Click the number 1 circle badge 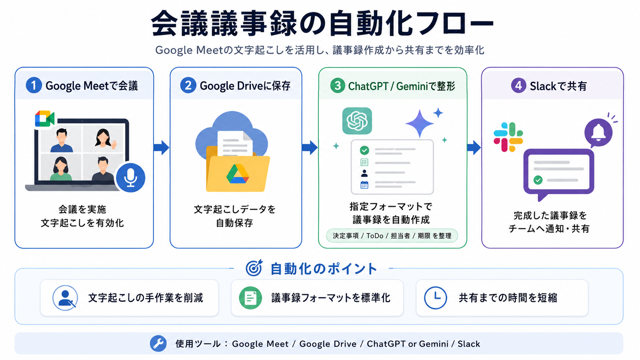[34, 85]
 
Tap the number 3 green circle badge [338, 85]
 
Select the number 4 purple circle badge [518, 85]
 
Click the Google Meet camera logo [44, 119]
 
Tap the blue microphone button [131, 178]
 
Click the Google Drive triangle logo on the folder [237, 174]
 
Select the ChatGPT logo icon [357, 121]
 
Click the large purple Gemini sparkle [420, 123]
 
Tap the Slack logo [508, 137]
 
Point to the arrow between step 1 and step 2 [162, 147]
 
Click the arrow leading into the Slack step [474, 147]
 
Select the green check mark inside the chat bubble [538, 180]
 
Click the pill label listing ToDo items [392, 236]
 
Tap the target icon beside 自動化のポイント [254, 268]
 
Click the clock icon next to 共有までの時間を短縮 [435, 298]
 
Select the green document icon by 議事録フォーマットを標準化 [250, 298]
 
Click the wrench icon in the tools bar [158, 344]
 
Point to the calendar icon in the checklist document [364, 185]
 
